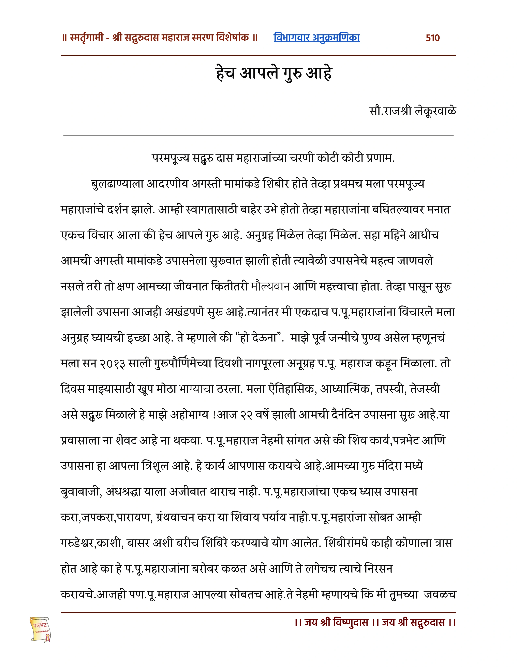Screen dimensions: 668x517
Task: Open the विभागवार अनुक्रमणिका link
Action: [316, 38]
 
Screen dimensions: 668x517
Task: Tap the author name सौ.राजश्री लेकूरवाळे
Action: [413, 111]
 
